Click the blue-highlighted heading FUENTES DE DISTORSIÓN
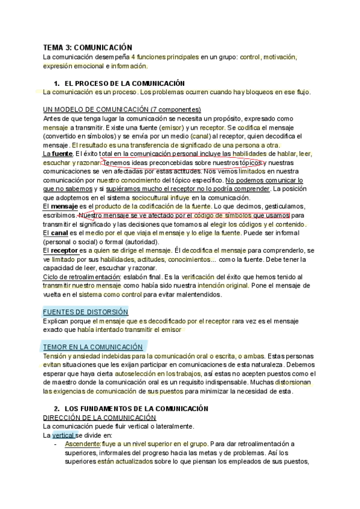point(85,312)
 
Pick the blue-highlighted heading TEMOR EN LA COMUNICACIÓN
point(92,347)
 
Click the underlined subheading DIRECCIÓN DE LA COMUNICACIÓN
point(100,417)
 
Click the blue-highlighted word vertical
point(64,435)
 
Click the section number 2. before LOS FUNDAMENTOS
point(57,408)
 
